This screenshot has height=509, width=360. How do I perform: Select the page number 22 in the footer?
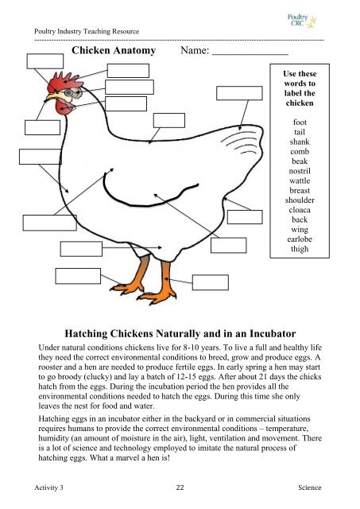(180, 486)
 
